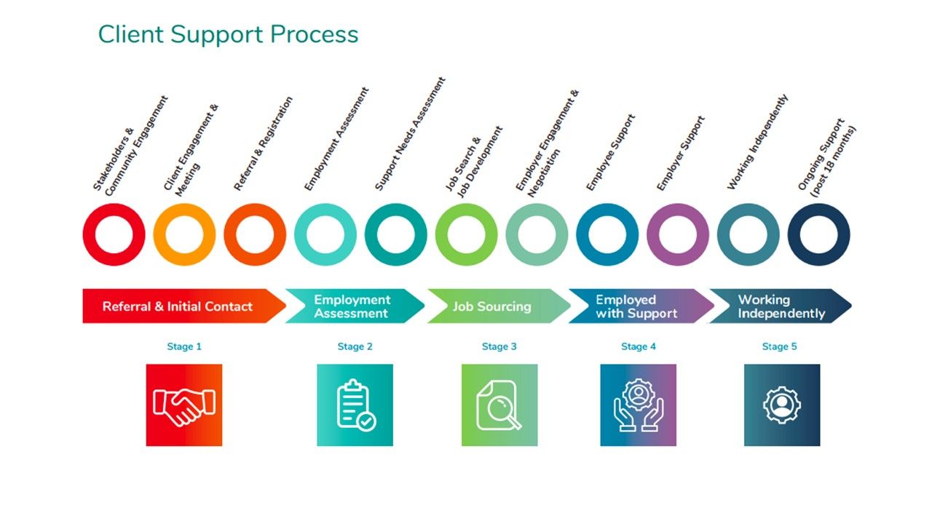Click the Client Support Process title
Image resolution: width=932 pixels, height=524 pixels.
tap(228, 34)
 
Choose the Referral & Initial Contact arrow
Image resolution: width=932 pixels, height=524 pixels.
tap(178, 306)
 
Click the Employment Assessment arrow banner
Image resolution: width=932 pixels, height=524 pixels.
tap(352, 306)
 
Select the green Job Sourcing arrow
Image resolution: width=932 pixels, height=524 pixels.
tap(492, 306)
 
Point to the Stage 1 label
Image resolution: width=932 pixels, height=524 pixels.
tap(184, 346)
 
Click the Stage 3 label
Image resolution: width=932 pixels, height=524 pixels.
tap(499, 346)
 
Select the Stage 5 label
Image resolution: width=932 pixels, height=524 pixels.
tap(779, 346)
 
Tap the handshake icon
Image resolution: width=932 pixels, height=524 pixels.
tap(184, 405)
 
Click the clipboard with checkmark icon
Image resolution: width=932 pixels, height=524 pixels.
tap(355, 405)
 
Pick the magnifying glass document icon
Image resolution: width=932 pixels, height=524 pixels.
tap(499, 405)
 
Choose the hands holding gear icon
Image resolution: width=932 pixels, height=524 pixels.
tap(638, 405)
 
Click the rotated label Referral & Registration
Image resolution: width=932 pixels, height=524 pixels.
tap(264, 144)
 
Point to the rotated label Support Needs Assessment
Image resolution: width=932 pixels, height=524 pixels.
tap(409, 135)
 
